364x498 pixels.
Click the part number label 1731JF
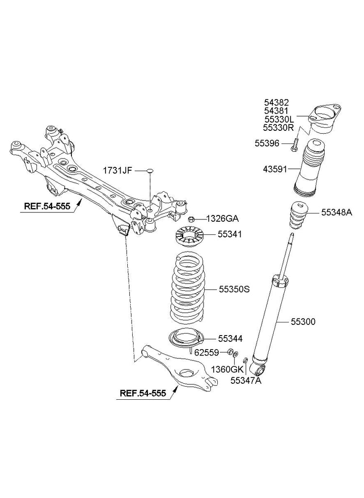pos(117,171)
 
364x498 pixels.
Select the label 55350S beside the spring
pos(233,289)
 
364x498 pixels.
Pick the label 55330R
pos(278,128)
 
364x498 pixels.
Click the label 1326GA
pos(222,218)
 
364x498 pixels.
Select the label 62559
pos(207,351)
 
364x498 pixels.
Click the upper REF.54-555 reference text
pos(47,206)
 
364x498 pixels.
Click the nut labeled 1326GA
pos(191,218)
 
